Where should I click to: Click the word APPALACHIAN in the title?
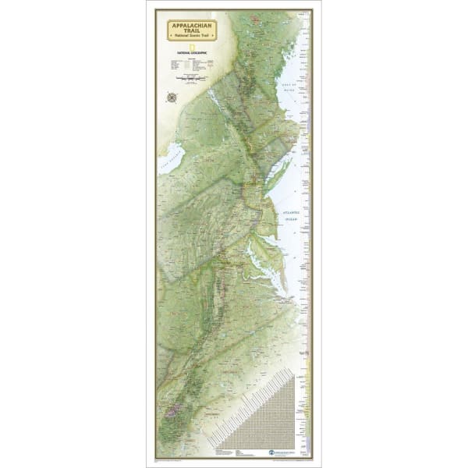pyautogui.click(x=190, y=26)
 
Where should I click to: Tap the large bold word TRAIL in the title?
pyautogui.click(x=190, y=32)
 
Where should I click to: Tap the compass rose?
pyautogui.click(x=171, y=96)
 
